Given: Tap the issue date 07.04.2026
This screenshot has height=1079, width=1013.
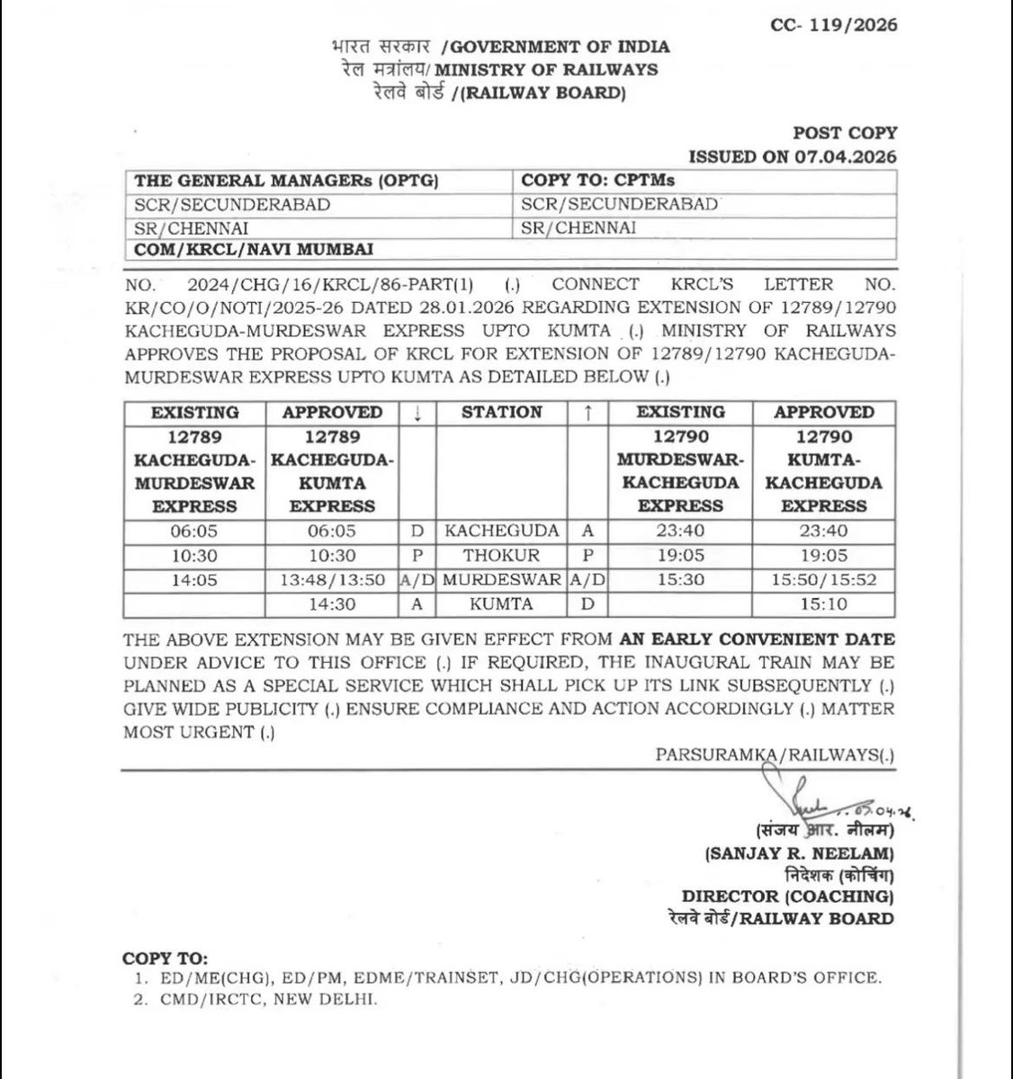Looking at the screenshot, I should point(847,156).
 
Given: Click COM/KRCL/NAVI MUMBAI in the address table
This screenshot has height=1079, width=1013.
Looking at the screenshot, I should point(253,249).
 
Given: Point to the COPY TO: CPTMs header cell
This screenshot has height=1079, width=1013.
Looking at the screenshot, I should point(598,180).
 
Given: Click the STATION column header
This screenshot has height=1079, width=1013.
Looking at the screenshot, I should point(502,413).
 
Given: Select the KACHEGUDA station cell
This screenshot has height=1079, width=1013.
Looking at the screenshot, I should point(502,531).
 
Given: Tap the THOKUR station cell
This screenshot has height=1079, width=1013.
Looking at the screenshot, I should point(502,556).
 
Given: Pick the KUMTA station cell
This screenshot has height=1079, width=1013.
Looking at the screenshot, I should point(502,604).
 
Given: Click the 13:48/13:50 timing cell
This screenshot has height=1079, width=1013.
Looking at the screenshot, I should point(332,580).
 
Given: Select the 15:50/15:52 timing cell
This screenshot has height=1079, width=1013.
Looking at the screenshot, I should point(823,580).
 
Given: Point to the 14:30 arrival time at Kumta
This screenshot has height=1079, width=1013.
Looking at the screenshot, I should point(332,604).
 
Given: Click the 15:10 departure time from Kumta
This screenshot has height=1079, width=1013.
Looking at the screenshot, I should point(823,604).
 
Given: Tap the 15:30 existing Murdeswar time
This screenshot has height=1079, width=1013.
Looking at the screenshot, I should point(680,580).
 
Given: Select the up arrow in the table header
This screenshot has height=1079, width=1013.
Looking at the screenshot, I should point(587,413).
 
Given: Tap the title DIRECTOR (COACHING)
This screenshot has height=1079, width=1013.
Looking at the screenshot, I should point(787,896).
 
